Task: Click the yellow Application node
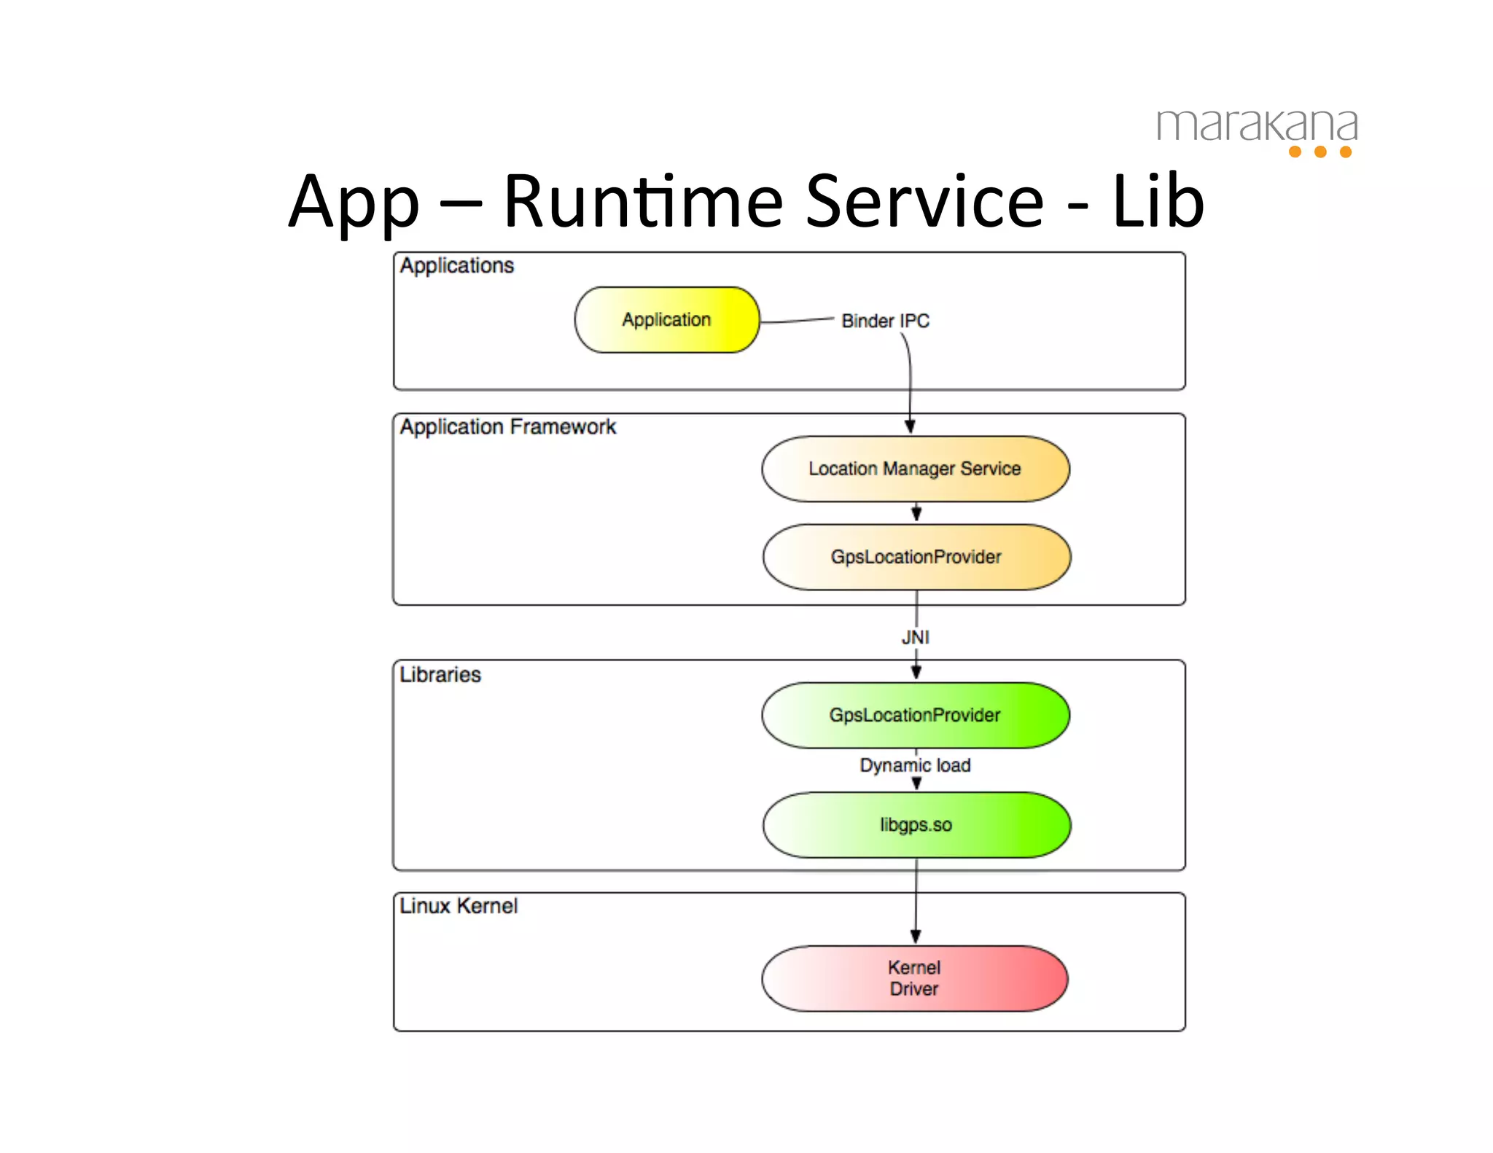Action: (666, 320)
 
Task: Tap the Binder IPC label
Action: (885, 321)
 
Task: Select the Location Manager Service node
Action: (915, 469)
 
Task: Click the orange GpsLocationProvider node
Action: (916, 557)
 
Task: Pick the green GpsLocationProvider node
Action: (915, 715)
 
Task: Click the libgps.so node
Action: (916, 825)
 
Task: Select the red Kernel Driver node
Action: (914, 978)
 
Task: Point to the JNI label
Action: (916, 637)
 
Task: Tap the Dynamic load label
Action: (915, 765)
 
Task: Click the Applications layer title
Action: (457, 265)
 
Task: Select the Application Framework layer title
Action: (508, 426)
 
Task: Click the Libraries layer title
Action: (440, 675)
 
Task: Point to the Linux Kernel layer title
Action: (459, 906)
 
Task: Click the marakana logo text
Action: (1257, 126)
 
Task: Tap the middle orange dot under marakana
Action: (1320, 152)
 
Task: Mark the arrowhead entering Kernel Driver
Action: (916, 937)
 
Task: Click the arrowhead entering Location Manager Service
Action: (910, 426)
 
